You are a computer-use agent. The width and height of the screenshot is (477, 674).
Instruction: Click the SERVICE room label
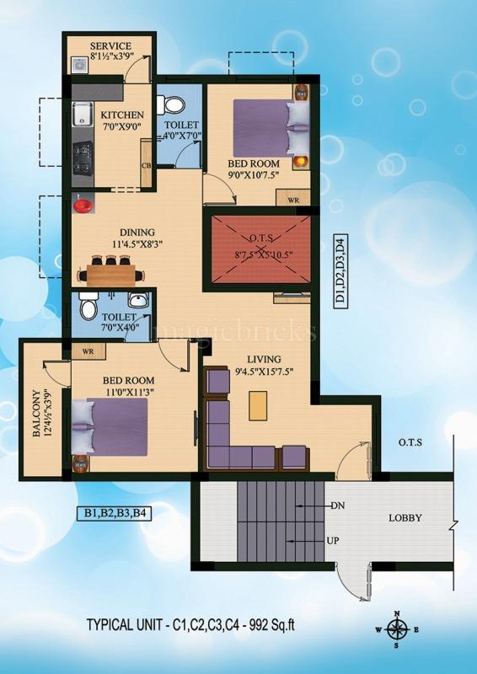(110, 46)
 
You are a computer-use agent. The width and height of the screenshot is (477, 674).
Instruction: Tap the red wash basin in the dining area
(82, 205)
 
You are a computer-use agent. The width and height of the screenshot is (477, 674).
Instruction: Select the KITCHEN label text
(122, 115)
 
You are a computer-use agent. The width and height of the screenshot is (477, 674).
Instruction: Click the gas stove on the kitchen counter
(82, 158)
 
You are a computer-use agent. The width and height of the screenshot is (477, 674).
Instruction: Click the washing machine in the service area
(80, 65)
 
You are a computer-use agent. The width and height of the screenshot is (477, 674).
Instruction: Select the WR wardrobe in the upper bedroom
(293, 198)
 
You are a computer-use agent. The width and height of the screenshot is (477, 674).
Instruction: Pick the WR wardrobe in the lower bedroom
(88, 351)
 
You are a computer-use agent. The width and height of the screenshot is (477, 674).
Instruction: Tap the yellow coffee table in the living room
(258, 405)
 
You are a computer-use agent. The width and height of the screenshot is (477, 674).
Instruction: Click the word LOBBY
(405, 518)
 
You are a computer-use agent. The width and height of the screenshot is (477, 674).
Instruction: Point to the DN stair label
(337, 506)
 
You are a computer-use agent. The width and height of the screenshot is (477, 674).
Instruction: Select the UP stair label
(333, 541)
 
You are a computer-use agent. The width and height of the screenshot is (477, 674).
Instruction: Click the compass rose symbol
(397, 630)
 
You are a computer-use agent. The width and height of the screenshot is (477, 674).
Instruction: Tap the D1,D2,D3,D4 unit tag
(340, 271)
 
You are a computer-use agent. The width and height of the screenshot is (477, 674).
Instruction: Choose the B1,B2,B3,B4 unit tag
(114, 513)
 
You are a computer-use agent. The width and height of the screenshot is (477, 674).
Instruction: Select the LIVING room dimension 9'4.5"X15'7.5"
(263, 371)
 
